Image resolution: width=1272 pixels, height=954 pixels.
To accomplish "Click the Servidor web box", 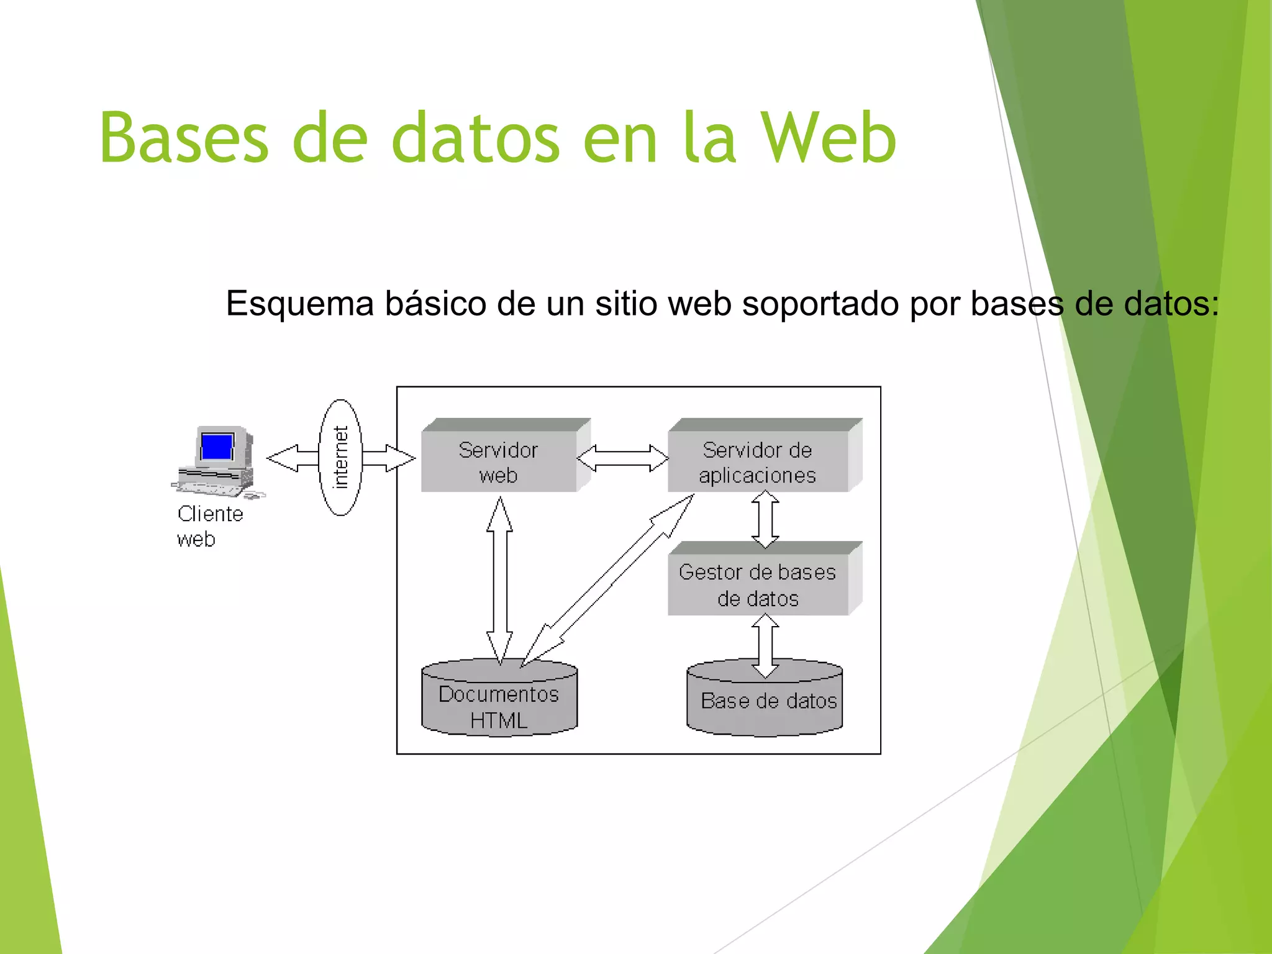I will (x=498, y=461).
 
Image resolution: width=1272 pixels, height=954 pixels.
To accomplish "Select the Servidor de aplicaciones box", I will (x=757, y=461).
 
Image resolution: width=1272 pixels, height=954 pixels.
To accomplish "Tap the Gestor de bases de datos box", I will (x=757, y=584).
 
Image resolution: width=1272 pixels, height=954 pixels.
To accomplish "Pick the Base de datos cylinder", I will (x=765, y=702).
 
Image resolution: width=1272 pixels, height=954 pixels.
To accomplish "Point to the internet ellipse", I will (x=340, y=458).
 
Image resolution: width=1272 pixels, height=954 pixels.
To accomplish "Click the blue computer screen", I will (x=217, y=446).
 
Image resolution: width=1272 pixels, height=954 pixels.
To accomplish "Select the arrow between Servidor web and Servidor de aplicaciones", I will (x=622, y=458).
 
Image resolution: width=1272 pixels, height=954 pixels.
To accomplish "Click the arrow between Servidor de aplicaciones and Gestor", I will (x=765, y=519).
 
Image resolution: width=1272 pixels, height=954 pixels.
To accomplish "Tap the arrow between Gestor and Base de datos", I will (x=765, y=645).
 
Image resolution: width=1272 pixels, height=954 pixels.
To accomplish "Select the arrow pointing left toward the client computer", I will (x=292, y=458).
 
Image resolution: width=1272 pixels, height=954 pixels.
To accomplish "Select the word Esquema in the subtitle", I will (x=299, y=304).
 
